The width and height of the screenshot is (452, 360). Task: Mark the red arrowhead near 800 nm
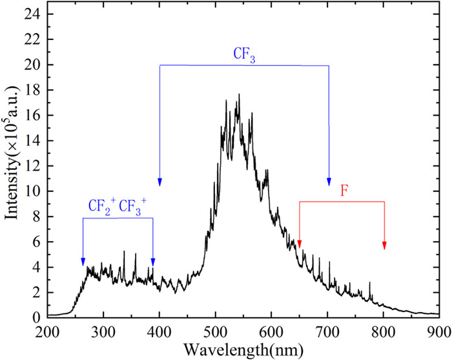click(384, 245)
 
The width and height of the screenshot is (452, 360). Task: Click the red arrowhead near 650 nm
click(300, 244)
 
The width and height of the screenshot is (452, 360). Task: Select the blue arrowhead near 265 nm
click(83, 261)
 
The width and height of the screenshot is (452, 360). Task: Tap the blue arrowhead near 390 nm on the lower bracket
click(153, 261)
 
